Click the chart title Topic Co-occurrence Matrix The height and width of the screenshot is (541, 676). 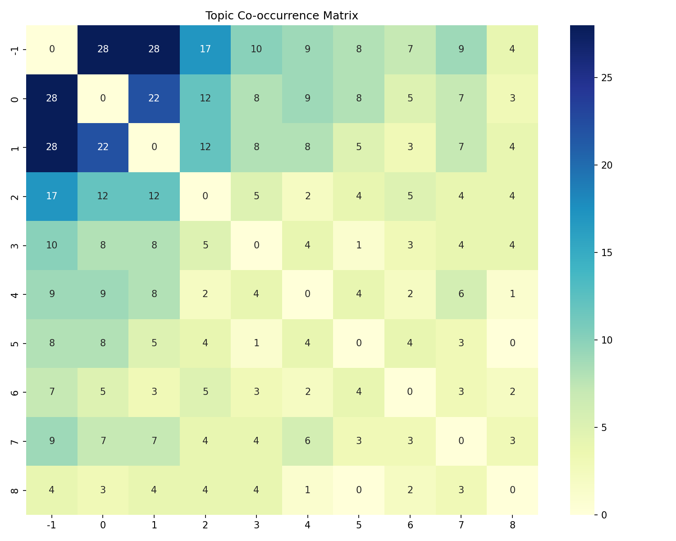282,16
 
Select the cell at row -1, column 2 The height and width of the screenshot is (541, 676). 205,49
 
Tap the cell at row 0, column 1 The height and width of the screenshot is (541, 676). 154,98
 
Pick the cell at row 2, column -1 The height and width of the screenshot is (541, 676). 52,196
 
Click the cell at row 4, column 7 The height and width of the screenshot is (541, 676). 461,294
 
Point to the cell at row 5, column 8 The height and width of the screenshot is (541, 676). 512,343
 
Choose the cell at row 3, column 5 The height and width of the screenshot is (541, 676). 359,245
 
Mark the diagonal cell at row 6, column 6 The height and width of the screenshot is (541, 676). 410,392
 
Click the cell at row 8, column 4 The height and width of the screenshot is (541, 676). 307,490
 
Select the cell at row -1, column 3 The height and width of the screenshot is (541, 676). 256,49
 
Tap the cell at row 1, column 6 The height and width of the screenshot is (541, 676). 410,147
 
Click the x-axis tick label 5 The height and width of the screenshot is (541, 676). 359,525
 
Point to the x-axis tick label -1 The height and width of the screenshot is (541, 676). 52,525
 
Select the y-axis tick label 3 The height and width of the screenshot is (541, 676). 15,245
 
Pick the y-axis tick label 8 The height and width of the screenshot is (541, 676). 15,490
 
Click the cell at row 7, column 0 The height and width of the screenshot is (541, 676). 103,441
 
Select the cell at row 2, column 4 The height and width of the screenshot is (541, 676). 307,196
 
